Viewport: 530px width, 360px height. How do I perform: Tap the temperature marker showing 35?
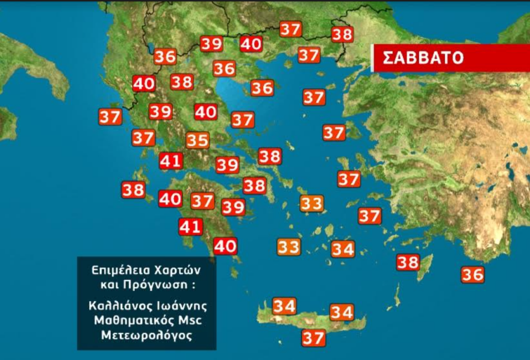(198, 141)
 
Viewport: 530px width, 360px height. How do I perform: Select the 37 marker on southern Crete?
(313, 338)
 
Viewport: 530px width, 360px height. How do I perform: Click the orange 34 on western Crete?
(284, 306)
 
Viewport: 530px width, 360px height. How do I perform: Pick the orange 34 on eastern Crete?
(341, 312)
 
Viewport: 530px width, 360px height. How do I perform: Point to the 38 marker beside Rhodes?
(408, 262)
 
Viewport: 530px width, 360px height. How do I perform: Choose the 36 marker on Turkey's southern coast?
(473, 275)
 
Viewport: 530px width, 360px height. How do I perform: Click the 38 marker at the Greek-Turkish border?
(342, 35)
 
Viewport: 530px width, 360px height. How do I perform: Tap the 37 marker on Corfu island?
(110, 117)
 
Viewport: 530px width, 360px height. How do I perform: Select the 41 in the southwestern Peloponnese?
(190, 227)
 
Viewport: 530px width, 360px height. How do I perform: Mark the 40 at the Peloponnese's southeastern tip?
(225, 246)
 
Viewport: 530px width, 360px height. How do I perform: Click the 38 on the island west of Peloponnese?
(133, 190)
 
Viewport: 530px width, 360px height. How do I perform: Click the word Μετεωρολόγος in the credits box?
(146, 335)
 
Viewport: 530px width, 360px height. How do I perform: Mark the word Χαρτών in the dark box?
(176, 267)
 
